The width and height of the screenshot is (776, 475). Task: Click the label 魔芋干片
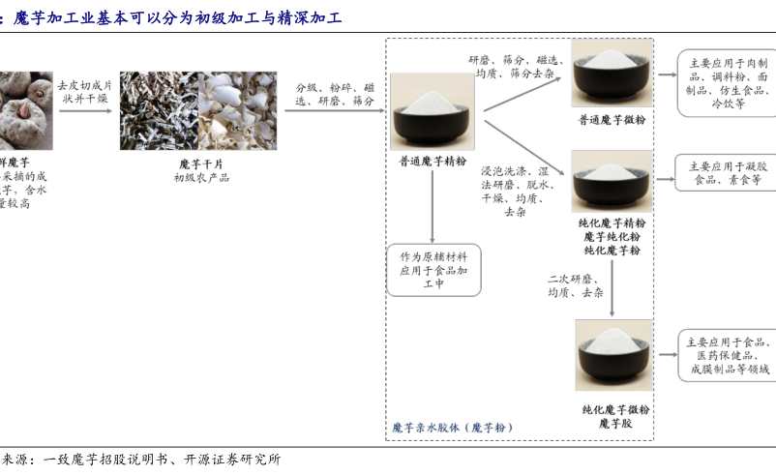coord(201,163)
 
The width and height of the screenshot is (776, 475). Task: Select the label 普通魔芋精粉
coord(432,163)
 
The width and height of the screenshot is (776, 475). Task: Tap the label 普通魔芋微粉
coord(612,120)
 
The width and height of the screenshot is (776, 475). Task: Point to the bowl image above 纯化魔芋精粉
coord(612,182)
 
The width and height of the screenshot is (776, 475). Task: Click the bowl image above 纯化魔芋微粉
coord(613,355)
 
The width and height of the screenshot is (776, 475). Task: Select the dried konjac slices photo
coord(198,110)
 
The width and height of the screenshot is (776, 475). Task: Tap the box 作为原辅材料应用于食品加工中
coord(433,270)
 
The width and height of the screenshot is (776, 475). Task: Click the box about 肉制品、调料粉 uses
coord(728,82)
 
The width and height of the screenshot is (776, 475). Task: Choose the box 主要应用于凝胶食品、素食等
coord(729,172)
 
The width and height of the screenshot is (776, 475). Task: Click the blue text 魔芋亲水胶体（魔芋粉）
coord(451,427)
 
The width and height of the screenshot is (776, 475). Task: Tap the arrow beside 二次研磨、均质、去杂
coord(612,291)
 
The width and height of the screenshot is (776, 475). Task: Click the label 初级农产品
coord(201,177)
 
